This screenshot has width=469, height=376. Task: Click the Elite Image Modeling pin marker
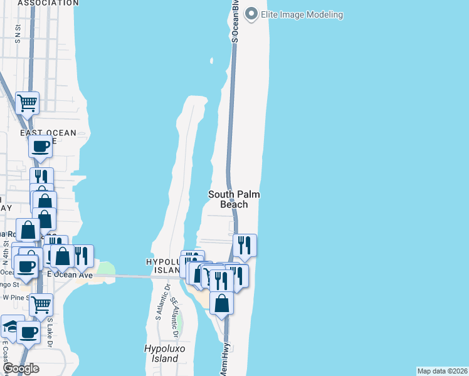(252, 14)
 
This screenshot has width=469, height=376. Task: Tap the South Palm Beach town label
(234, 199)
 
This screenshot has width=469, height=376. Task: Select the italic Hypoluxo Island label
(162, 354)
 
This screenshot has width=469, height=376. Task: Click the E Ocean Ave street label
(70, 275)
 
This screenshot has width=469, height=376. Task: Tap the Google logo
(20, 368)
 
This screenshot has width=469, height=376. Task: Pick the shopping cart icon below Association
(27, 102)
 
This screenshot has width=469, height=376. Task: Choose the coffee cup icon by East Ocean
(41, 147)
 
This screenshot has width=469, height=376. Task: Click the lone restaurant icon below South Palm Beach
(245, 244)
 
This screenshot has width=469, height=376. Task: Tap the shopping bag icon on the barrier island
(222, 303)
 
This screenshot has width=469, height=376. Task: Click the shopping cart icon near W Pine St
(41, 305)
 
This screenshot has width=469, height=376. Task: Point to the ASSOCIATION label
(48, 3)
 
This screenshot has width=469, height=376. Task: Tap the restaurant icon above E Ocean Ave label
(82, 255)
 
